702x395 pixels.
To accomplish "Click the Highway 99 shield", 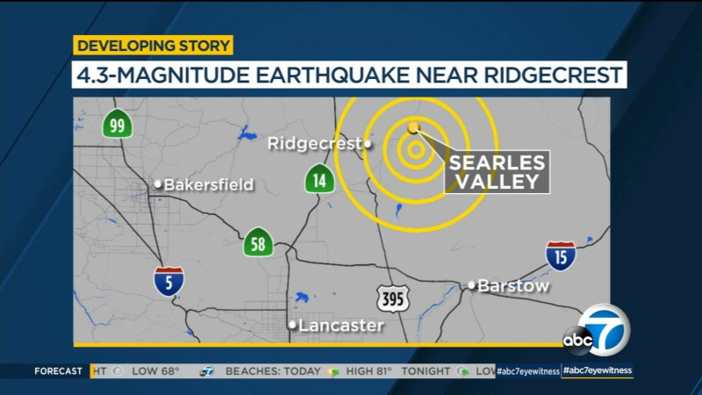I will click(x=117, y=124).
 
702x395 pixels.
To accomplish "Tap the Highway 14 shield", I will click(x=319, y=180).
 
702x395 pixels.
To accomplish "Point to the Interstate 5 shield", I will click(x=169, y=280).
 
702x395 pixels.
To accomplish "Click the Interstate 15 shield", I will click(x=560, y=255).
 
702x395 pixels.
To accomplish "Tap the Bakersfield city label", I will click(x=209, y=184).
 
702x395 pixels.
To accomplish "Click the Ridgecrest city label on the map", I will click(x=314, y=143).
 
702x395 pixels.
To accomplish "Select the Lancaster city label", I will click(x=340, y=326).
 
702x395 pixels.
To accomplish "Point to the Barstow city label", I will click(x=514, y=286).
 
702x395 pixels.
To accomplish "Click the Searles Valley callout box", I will click(x=497, y=172).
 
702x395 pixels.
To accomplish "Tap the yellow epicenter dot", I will click(x=414, y=127).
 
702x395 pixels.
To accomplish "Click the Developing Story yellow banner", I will click(x=153, y=46).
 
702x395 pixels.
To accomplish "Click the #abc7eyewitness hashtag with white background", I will click(x=598, y=371).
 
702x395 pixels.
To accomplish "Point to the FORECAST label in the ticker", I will click(x=59, y=371).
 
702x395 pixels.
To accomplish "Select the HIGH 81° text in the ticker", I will click(x=365, y=371).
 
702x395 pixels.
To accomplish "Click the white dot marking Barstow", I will click(x=471, y=285).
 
